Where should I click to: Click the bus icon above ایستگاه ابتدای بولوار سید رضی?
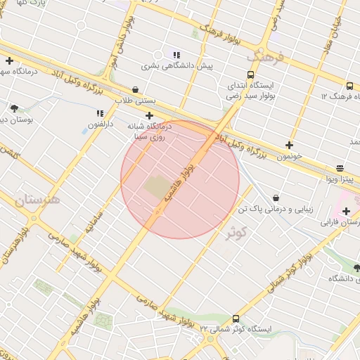tap(251, 75)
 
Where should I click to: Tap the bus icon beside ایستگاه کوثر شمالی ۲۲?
tap(235, 318)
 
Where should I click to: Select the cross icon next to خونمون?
tap(289, 145)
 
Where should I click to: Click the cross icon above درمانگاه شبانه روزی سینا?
tap(149, 115)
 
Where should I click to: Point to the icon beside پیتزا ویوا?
tap(340, 168)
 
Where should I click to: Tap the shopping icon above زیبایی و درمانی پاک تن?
tap(275, 198)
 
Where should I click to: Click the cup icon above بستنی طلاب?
tap(135, 89)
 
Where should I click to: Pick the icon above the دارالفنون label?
tap(100, 112)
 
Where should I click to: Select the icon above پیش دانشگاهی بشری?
tap(176, 54)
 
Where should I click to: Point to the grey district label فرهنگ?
tap(269, 55)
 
